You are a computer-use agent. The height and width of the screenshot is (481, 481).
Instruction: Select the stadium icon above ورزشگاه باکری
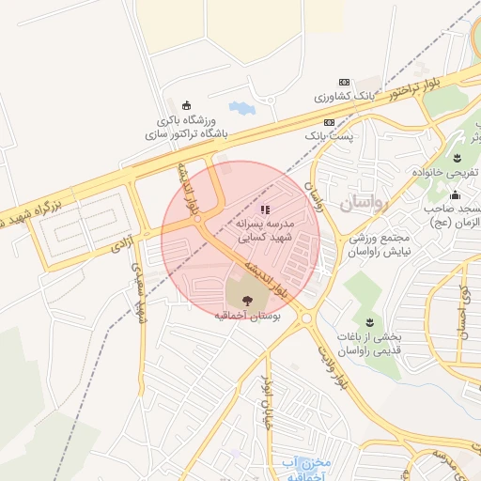[186, 104]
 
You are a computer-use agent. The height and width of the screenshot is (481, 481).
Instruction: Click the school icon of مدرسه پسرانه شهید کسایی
[265, 209]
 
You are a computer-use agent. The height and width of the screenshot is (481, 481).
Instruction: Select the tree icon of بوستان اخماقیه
[247, 301]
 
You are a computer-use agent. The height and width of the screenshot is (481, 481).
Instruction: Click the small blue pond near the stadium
[241, 108]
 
